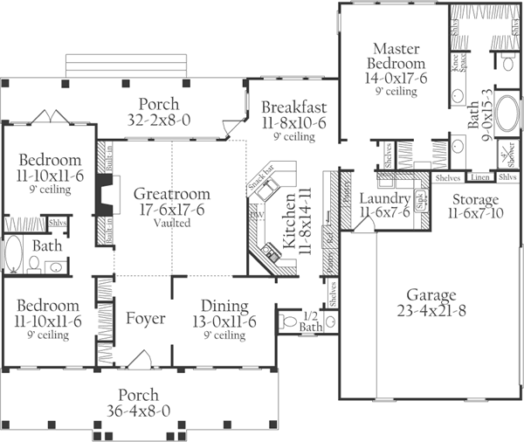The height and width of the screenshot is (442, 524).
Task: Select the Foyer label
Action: [145, 319]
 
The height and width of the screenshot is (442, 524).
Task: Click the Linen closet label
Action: [479, 177]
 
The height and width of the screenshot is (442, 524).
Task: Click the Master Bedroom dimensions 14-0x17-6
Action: [398, 79]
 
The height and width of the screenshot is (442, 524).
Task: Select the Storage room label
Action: [476, 200]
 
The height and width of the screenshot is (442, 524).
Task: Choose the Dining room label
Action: [224, 307]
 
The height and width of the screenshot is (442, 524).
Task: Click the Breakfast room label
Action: [293, 107]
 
